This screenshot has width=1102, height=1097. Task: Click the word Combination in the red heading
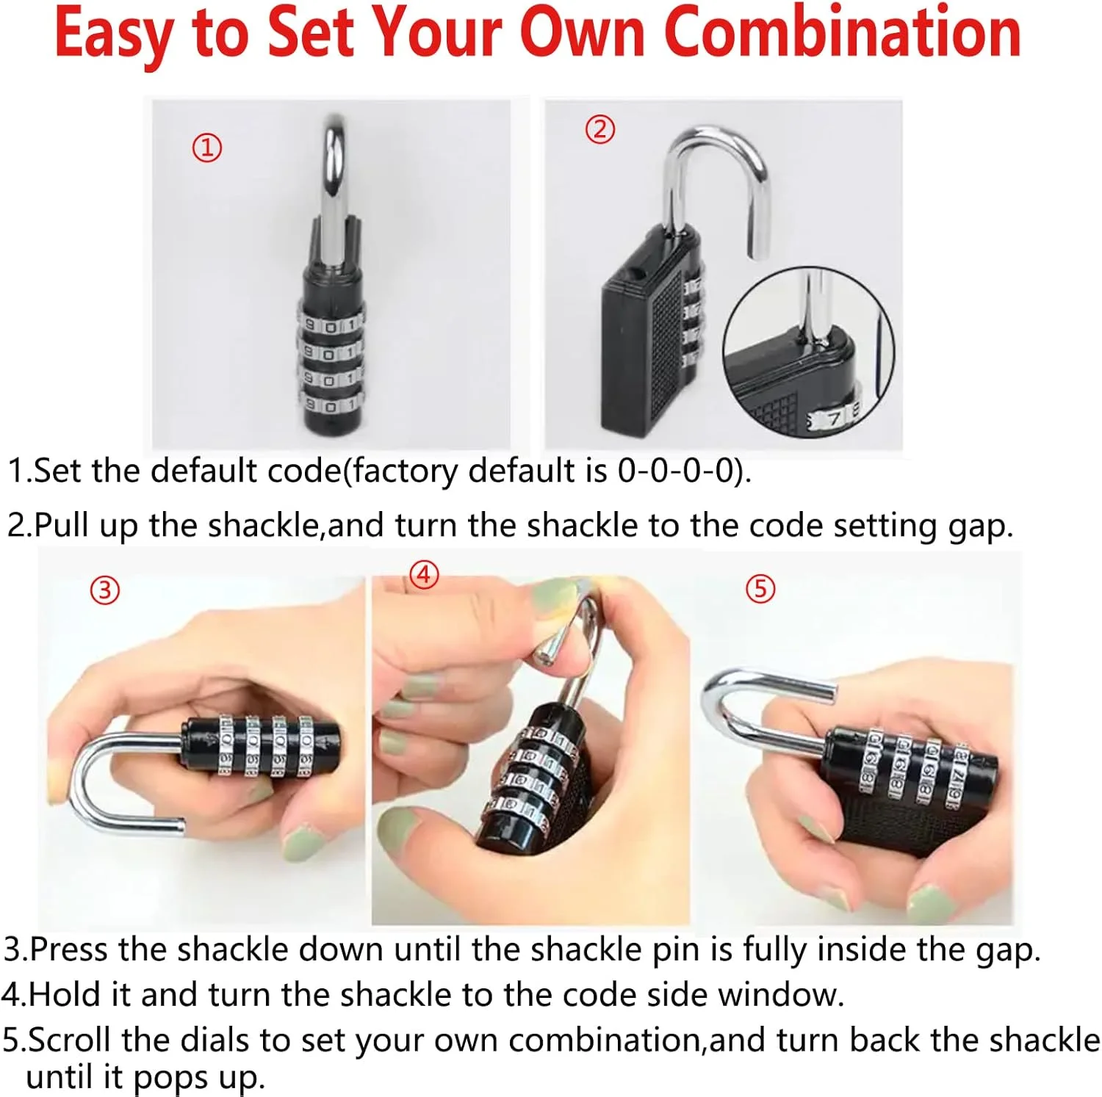[843, 32]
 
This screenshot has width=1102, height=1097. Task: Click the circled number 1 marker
[207, 148]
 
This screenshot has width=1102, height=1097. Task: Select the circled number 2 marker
[600, 129]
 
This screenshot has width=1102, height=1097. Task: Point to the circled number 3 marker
[104, 590]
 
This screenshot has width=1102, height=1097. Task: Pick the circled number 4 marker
[424, 574]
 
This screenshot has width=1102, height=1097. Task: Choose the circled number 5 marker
[760, 588]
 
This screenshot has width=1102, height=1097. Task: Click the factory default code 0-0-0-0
[677, 471]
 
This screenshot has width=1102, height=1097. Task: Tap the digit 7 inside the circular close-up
[834, 419]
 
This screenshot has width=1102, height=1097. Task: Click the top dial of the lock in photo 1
[331, 324]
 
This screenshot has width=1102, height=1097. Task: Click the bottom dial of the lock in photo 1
[331, 404]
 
